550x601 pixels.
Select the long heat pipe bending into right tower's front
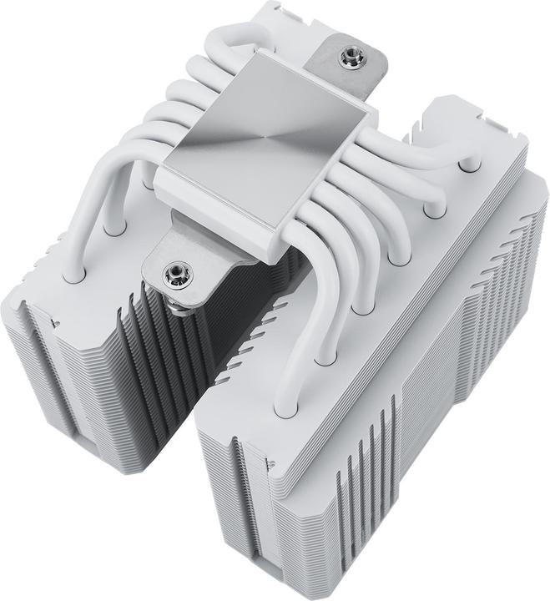tap(309, 275)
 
